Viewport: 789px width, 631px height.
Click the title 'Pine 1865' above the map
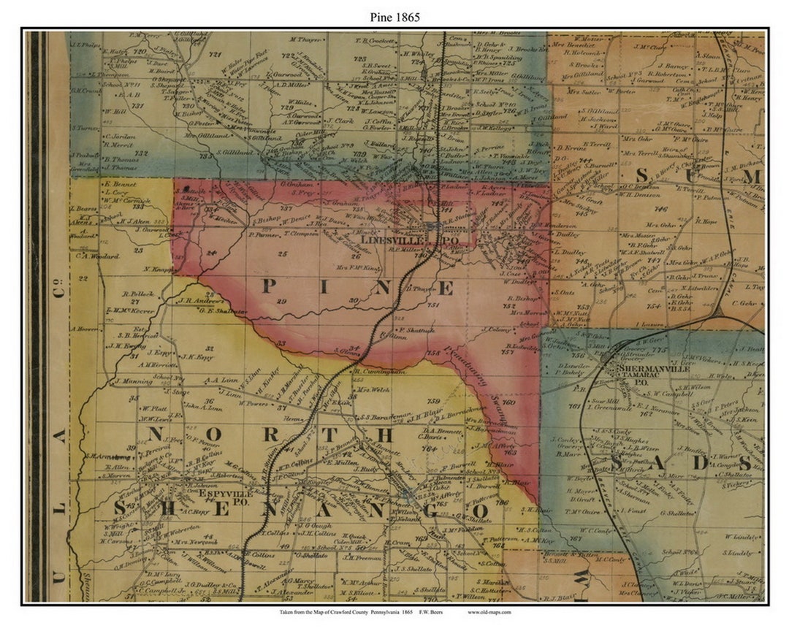point(394,17)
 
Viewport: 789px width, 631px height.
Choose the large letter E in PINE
point(445,288)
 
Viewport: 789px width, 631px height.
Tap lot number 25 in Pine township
point(283,254)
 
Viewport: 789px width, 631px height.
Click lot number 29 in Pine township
point(282,301)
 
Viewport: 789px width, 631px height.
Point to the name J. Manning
point(132,381)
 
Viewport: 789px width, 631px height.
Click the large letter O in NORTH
point(213,435)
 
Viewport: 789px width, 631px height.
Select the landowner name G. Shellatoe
point(681,513)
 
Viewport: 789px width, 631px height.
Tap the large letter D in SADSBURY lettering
point(701,463)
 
